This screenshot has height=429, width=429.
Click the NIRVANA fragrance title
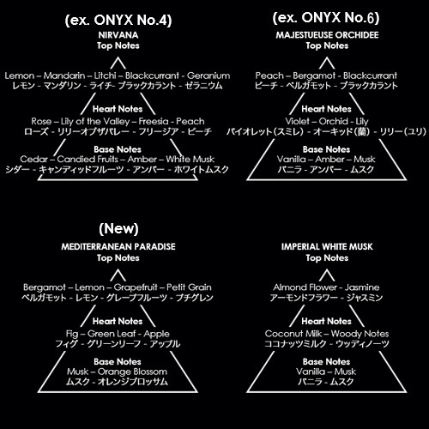[x=118, y=35]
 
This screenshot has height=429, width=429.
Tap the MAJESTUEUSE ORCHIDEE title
[x=327, y=35]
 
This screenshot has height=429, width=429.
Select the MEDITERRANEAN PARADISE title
[x=118, y=246]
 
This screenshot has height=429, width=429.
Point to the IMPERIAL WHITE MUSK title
[x=327, y=246]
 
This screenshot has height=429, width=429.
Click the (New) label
[x=118, y=229]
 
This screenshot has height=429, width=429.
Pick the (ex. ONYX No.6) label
[x=326, y=18]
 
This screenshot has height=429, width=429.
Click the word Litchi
[x=106, y=76]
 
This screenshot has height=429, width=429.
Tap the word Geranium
[x=208, y=76]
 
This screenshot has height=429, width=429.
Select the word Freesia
[x=154, y=121]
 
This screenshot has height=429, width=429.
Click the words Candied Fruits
[x=88, y=159]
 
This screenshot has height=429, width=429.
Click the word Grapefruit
[x=136, y=287]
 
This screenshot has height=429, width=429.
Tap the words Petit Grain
[x=189, y=287]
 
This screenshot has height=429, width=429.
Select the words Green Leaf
[x=112, y=334]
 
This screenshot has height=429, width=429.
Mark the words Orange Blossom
[x=132, y=372]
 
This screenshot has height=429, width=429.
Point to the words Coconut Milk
[x=293, y=334]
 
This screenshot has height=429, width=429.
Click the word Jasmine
[x=362, y=287]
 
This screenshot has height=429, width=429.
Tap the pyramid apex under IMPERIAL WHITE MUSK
[x=327, y=269]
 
